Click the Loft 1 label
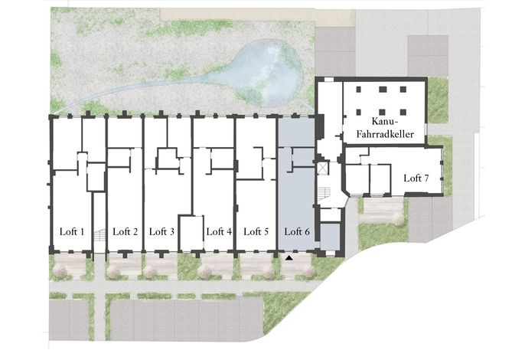click(x=72, y=231)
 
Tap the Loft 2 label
click(x=126, y=231)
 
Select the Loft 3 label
click(x=161, y=231)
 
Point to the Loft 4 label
click(x=219, y=231)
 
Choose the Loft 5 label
click(x=256, y=231)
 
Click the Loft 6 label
click(x=297, y=231)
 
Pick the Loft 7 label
click(x=416, y=178)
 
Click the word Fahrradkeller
click(x=385, y=134)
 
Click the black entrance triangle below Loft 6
click(x=289, y=258)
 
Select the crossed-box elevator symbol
click(x=322, y=169)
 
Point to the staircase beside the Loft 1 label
click(x=99, y=234)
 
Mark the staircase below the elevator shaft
click(x=324, y=193)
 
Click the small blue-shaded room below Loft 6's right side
click(x=330, y=237)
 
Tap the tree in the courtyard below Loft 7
click(x=398, y=219)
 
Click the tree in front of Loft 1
click(x=61, y=271)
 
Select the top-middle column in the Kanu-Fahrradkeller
click(x=383, y=89)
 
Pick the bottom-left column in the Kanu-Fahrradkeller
click(x=359, y=112)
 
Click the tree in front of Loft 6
click(x=308, y=271)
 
